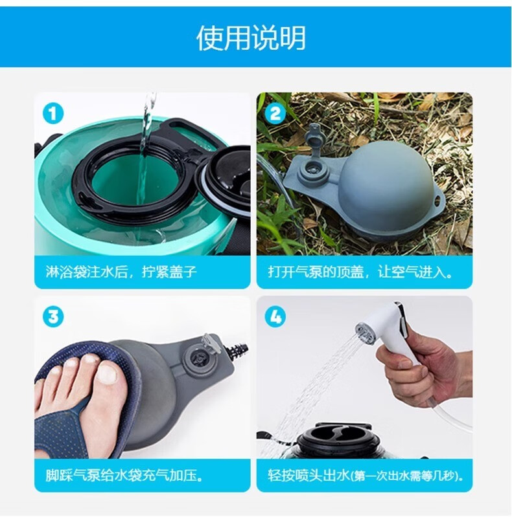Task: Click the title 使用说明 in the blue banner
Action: (x=251, y=38)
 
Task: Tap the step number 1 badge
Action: (x=53, y=114)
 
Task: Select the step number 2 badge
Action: (x=275, y=114)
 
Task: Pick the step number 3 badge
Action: (x=53, y=317)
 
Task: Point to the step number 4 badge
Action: (x=275, y=317)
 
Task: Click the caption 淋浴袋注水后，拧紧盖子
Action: (x=121, y=272)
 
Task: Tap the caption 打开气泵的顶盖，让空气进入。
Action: (x=361, y=272)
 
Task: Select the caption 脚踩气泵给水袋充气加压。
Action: (x=124, y=476)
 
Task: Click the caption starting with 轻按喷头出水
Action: (x=366, y=476)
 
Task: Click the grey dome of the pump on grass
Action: (x=386, y=184)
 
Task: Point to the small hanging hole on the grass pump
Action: (x=438, y=199)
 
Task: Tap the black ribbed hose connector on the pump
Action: (x=239, y=351)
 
